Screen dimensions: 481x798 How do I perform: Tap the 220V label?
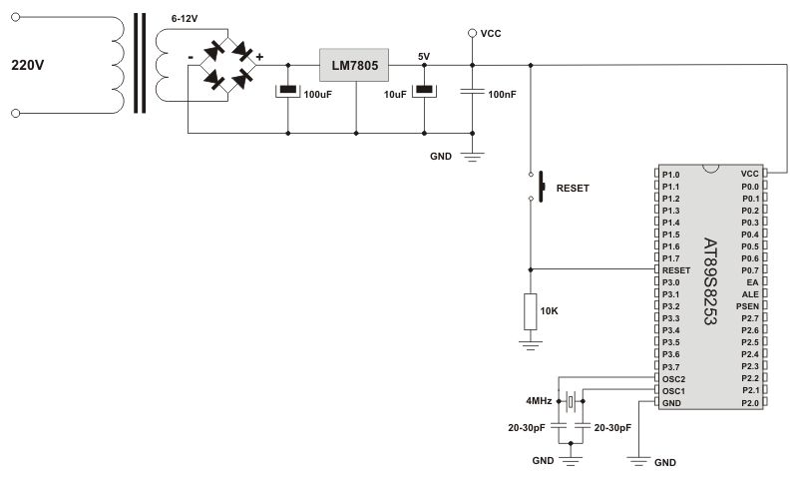click(x=29, y=65)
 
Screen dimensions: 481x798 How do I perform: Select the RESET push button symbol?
click(x=542, y=187)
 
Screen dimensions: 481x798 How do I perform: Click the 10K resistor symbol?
click(x=530, y=311)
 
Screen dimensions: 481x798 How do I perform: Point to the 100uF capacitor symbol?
click(x=287, y=93)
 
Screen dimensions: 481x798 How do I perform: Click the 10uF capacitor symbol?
click(x=424, y=93)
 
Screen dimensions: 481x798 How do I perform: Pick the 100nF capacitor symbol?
click(x=472, y=93)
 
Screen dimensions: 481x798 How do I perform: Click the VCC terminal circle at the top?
click(x=472, y=33)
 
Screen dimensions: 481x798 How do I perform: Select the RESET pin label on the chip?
click(x=675, y=270)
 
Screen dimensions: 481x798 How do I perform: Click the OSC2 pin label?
click(x=673, y=379)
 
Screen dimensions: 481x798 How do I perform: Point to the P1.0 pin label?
click(x=670, y=174)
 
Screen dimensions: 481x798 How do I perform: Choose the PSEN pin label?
click(x=747, y=306)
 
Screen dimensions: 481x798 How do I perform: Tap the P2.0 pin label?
click(x=749, y=403)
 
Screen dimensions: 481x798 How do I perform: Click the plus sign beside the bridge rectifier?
click(x=259, y=57)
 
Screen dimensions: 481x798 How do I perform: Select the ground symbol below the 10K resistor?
click(x=530, y=342)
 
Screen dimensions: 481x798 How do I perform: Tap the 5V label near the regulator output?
click(x=424, y=57)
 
